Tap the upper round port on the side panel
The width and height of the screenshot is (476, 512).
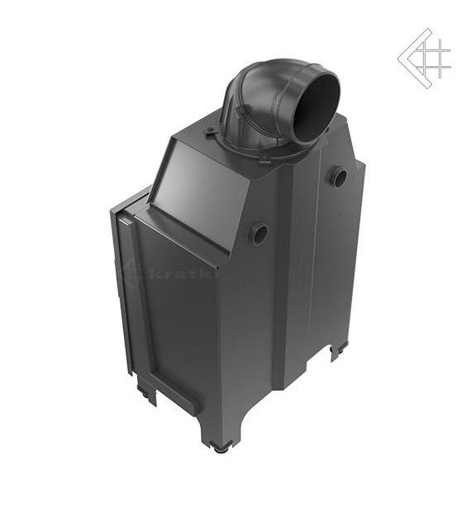339,177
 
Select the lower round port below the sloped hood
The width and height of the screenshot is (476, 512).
259,233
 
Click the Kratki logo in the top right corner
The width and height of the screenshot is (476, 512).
425,58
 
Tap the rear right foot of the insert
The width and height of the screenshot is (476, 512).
336,353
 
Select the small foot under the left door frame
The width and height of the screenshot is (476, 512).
149,396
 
